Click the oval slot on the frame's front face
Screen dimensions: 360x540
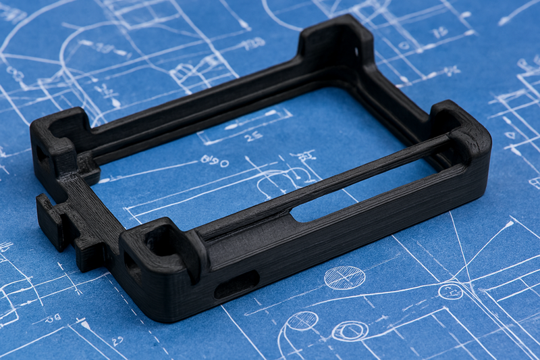(236, 284)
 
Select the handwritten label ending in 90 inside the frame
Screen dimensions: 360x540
(215, 161)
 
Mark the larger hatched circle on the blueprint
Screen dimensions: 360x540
(344, 277)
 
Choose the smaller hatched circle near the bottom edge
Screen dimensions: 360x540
(302, 320)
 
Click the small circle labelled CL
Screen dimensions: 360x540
(450, 291)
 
